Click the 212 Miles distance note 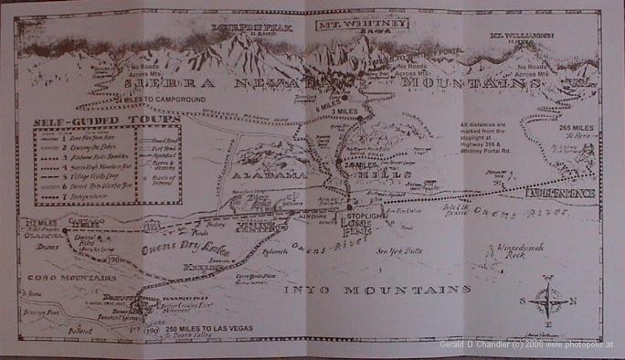coord(45,222)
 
